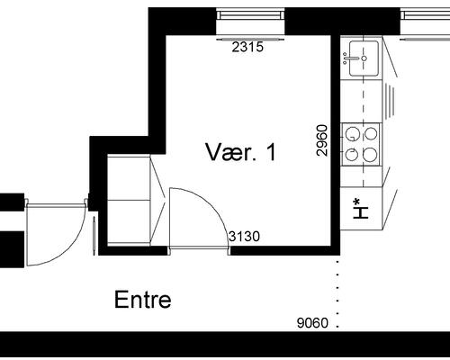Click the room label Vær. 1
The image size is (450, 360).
[x=240, y=152]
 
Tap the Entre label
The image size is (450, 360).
[x=143, y=300]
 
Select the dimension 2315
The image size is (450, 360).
[x=247, y=47]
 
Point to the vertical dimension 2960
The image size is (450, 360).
[x=321, y=140]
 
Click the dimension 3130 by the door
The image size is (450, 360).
[x=244, y=237]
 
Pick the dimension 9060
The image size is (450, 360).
[x=312, y=323]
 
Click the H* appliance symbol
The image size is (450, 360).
[x=361, y=208]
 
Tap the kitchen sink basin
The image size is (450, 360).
[x=364, y=58]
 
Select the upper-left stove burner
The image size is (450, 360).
[x=352, y=134]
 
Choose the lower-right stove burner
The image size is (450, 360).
[x=370, y=155]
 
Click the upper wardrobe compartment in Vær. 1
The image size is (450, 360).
[x=129, y=177]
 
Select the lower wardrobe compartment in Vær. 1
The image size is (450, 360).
[x=129, y=222]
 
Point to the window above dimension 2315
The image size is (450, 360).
[x=250, y=14]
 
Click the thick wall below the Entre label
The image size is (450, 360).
[x=225, y=344]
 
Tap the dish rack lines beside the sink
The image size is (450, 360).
[x=390, y=101]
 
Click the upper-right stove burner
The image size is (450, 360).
[x=370, y=134]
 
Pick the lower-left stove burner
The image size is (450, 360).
[x=352, y=155]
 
